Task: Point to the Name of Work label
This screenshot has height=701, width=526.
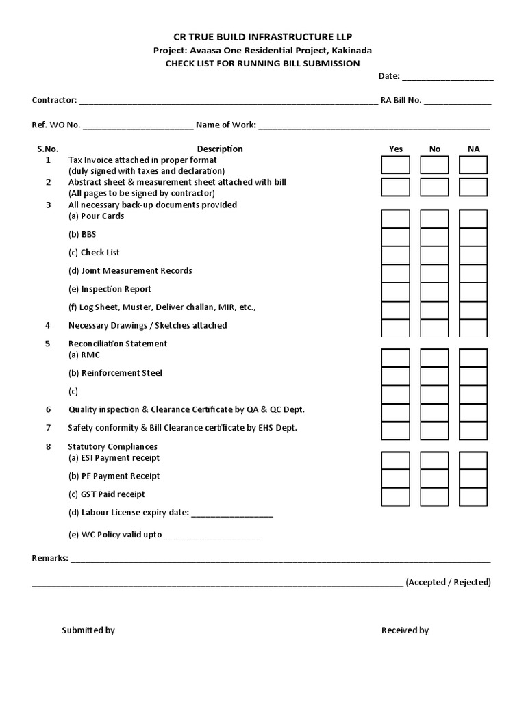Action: click(225, 125)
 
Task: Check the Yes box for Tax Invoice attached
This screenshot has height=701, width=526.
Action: click(395, 165)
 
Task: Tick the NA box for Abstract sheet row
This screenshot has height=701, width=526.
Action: click(473, 188)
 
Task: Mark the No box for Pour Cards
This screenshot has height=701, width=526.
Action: click(434, 219)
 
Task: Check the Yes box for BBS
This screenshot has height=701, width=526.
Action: click(395, 237)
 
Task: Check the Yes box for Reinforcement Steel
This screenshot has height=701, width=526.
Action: click(395, 376)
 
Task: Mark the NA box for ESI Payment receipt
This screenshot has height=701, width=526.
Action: click(473, 460)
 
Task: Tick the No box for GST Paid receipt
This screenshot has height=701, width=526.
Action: click(434, 497)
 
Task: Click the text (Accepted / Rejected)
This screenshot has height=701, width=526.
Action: click(448, 583)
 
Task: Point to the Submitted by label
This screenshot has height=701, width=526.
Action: click(88, 630)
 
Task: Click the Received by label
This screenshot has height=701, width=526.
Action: click(405, 630)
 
